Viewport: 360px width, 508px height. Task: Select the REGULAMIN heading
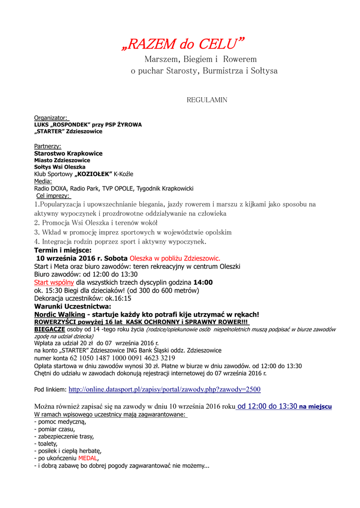tap(207, 100)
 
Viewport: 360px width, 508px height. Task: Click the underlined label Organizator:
tap(51, 118)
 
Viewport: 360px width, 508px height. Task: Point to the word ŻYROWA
tap(129, 125)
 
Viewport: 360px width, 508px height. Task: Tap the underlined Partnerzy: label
tap(48, 146)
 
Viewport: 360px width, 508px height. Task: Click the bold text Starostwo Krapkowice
tap(68, 153)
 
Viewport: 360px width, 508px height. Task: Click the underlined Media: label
tap(43, 182)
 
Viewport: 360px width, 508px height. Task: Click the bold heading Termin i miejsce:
tap(63, 251)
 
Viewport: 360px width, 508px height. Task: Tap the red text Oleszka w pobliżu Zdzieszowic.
tap(175, 258)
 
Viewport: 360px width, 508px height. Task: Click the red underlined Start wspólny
tap(54, 282)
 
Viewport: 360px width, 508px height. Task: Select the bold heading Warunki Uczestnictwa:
tap(72, 306)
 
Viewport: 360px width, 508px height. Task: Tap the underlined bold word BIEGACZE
tap(49, 329)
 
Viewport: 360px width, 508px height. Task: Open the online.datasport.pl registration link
tap(164, 389)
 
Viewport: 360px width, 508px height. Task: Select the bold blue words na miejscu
tap(315, 406)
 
